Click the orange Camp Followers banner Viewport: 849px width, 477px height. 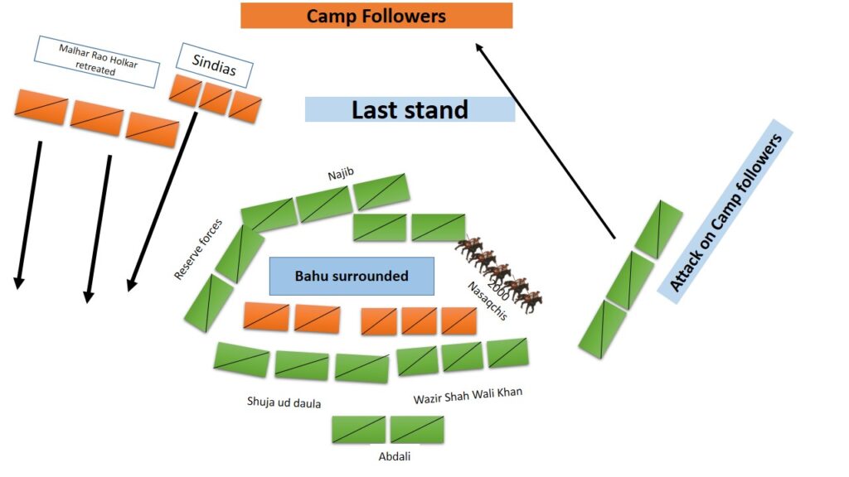376,16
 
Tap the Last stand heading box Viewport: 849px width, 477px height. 410,109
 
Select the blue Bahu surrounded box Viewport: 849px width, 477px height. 352,276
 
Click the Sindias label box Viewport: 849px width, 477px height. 215,65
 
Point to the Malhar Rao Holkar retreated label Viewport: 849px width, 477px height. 97,61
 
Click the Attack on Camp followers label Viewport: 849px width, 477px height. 725,211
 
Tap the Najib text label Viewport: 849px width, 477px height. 341,174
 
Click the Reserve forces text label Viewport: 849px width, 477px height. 198,248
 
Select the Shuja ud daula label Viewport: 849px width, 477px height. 284,402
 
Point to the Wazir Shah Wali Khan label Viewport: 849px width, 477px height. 468,395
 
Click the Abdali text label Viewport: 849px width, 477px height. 394,456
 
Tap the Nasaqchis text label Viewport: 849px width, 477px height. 488,301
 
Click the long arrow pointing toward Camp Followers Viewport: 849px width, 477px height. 546,141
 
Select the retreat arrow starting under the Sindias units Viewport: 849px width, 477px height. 162,202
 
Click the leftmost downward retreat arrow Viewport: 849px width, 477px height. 28,214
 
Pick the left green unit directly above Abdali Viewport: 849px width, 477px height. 359,430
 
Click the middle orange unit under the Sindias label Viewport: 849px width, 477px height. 216,98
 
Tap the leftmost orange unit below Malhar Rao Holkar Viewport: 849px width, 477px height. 41,107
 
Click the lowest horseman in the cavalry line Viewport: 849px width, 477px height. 529,301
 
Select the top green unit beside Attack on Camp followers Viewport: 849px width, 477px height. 658,229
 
